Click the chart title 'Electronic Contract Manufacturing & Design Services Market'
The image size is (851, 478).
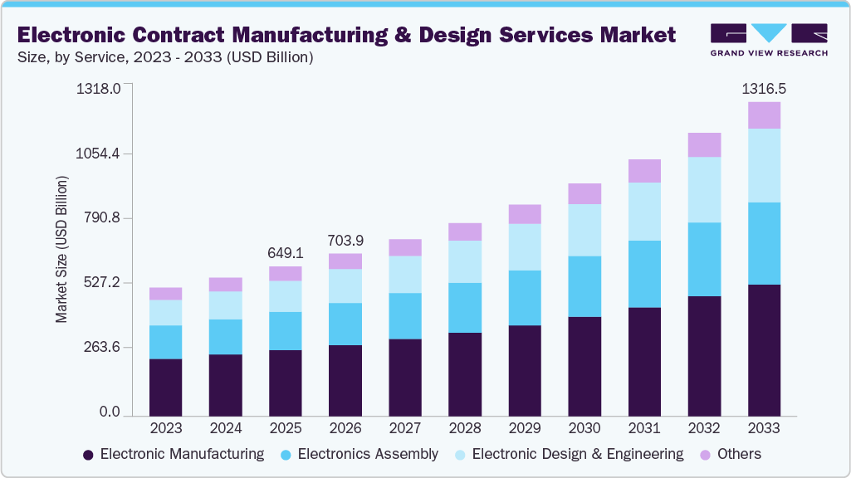tap(346, 35)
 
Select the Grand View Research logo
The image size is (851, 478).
tap(769, 40)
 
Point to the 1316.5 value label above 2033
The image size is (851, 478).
tap(764, 88)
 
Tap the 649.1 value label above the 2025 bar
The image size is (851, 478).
tap(286, 252)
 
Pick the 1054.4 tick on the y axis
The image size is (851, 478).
tap(99, 154)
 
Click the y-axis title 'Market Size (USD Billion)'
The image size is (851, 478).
tap(61, 249)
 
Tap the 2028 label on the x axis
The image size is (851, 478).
tap(464, 429)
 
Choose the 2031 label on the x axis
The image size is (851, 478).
tap(644, 429)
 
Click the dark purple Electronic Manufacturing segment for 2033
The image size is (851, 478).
tap(764, 349)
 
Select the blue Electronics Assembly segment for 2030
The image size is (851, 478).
tap(584, 286)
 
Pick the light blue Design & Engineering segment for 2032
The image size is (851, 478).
tap(704, 189)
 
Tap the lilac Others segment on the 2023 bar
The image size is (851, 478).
tap(166, 294)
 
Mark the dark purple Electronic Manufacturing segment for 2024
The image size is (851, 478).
tap(226, 384)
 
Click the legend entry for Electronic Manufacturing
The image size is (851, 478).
tap(174, 454)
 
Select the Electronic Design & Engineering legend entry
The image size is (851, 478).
tap(569, 454)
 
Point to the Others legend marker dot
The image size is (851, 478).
tap(707, 455)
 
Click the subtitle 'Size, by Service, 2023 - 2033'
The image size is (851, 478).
tap(165, 57)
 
